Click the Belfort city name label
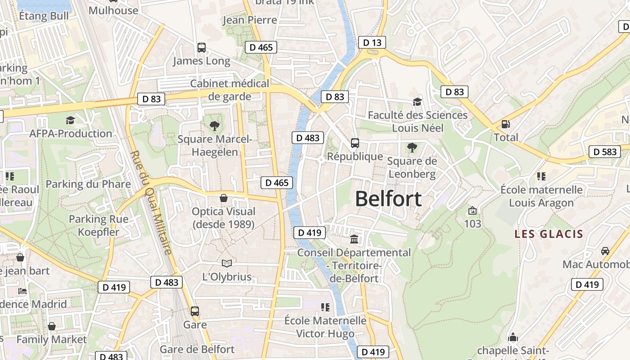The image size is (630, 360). click(388, 198)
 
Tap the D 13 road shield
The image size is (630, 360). click(372, 43)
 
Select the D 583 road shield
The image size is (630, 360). click(605, 152)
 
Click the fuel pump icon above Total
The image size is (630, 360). click(506, 124)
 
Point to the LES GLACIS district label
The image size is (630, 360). click(549, 234)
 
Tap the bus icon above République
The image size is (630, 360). click(355, 143)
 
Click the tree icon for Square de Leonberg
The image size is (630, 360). click(411, 147)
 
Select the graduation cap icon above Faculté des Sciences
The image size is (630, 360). click(417, 102)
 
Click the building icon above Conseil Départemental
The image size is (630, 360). click(354, 239)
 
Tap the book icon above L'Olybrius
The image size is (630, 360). click(226, 263)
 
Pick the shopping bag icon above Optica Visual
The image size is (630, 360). click(223, 198)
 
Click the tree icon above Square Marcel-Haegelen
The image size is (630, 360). click(215, 126)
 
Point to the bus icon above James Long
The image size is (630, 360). click(201, 47)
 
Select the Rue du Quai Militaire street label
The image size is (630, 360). click(151, 202)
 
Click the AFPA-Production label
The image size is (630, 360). click(71, 134)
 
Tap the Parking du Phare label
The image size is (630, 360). click(88, 184)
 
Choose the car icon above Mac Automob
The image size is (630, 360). click(605, 251)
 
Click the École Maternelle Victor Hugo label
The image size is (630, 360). click(325, 327)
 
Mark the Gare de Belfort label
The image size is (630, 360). click(197, 349)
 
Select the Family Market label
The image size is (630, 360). click(52, 339)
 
